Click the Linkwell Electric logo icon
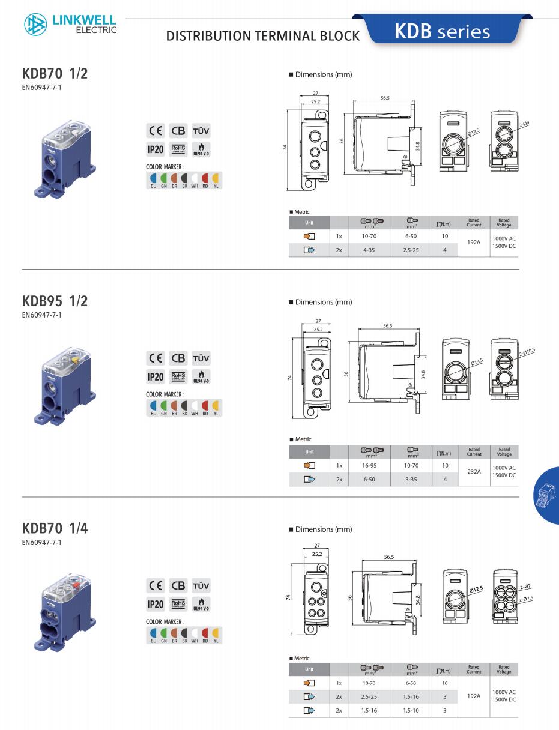[35, 25]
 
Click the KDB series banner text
[442, 31]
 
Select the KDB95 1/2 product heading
[55, 301]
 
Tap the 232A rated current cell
[474, 472]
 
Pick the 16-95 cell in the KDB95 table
[369, 465]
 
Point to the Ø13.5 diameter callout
[477, 362]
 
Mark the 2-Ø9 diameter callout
[524, 124]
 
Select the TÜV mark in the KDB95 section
[201, 358]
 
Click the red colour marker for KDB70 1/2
[205, 178]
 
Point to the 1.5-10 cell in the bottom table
[411, 711]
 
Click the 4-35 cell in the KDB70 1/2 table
[369, 250]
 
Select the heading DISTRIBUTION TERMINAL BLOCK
[262, 36]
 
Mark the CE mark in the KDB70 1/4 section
[155, 585]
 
